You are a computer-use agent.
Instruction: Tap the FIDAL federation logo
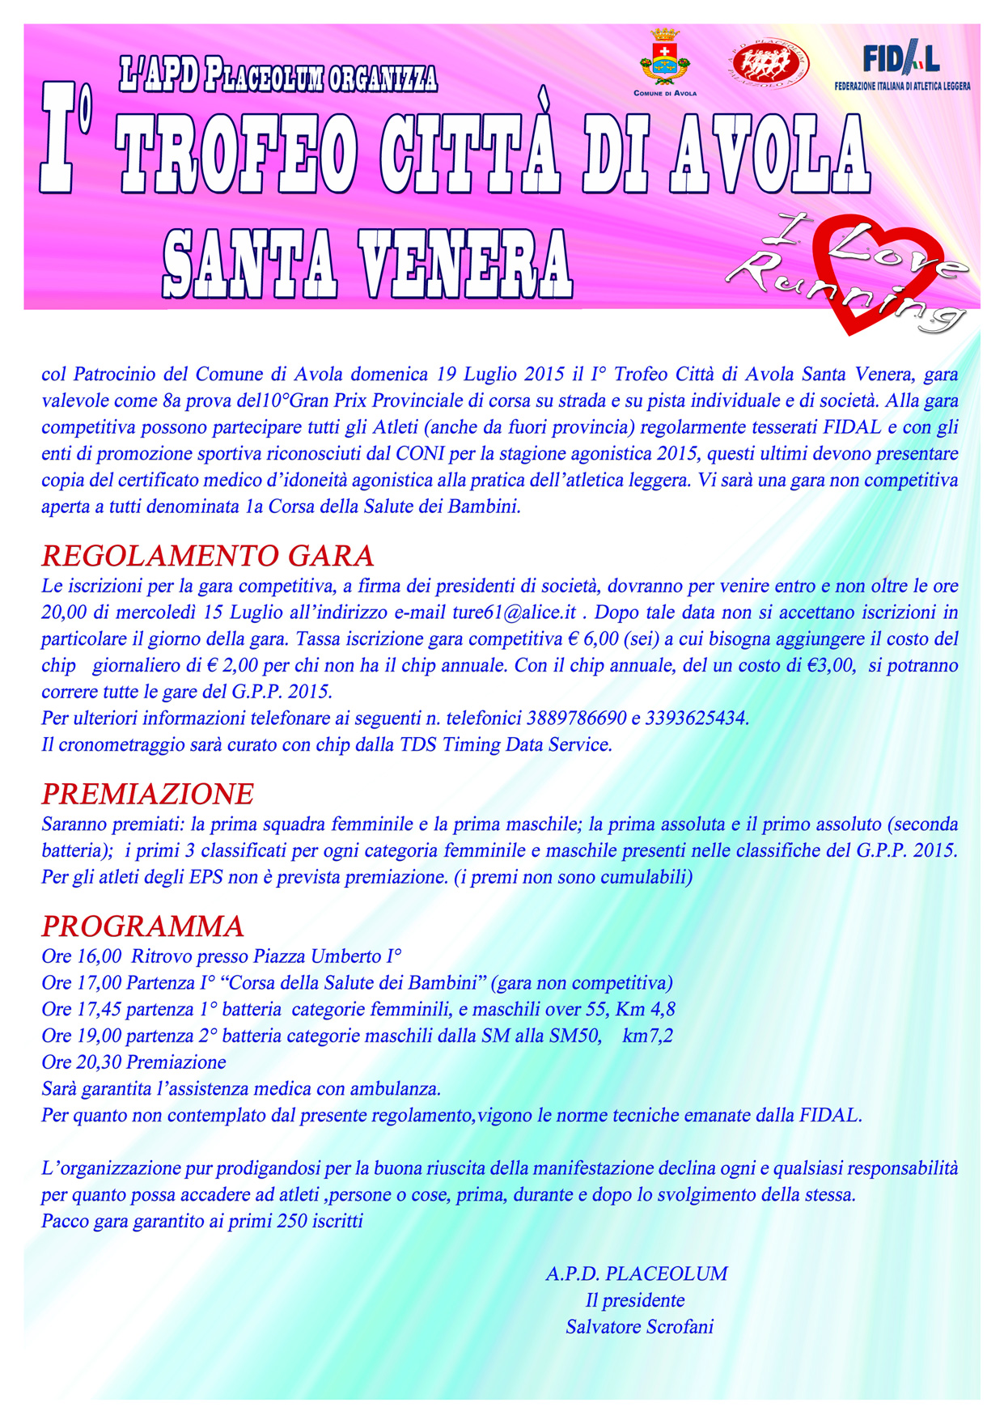coord(902,65)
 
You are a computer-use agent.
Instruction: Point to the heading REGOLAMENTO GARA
coord(208,556)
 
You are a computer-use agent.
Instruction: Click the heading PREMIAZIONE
coord(148,794)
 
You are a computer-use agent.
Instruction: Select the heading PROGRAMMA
coord(143,926)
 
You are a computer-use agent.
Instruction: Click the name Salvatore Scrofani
coord(639,1326)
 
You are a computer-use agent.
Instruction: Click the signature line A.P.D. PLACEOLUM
coord(636,1274)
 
